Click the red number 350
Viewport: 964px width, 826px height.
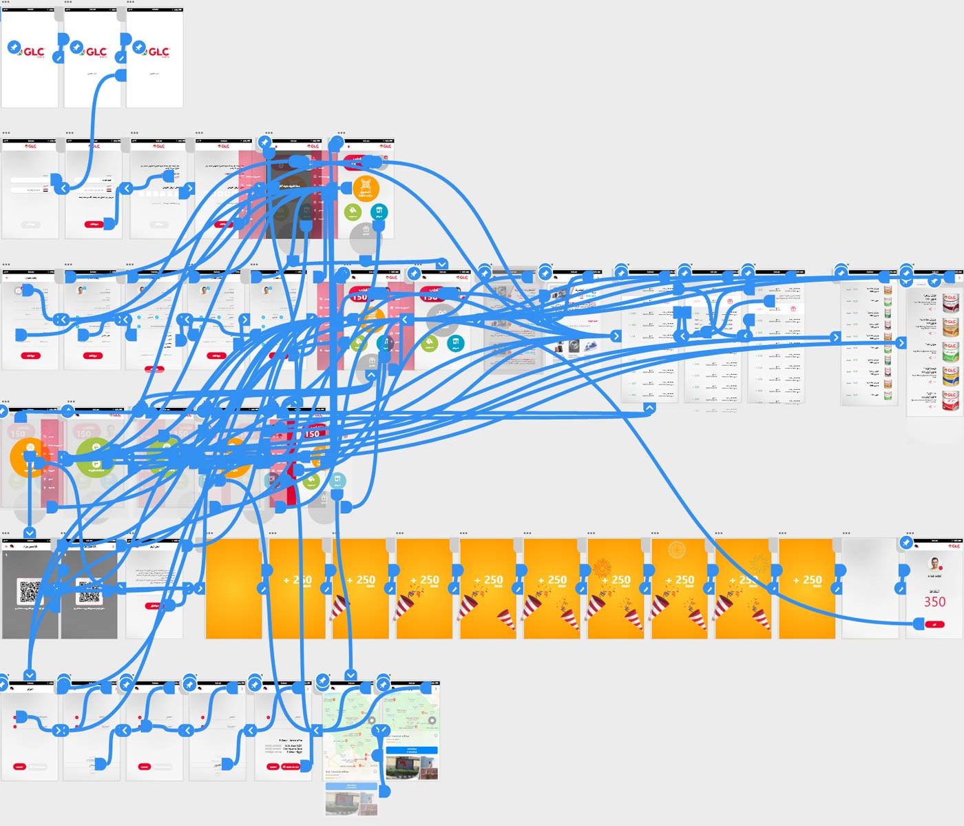pos(934,601)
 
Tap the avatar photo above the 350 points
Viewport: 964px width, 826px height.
pos(935,562)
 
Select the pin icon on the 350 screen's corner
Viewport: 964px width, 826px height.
pos(906,543)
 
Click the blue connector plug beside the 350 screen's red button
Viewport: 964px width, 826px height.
pos(918,623)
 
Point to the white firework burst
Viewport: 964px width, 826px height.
pos(676,549)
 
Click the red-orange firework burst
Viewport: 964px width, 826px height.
pos(602,568)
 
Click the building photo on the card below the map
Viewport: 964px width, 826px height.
pos(351,803)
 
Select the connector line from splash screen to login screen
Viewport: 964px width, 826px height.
pos(96,124)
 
